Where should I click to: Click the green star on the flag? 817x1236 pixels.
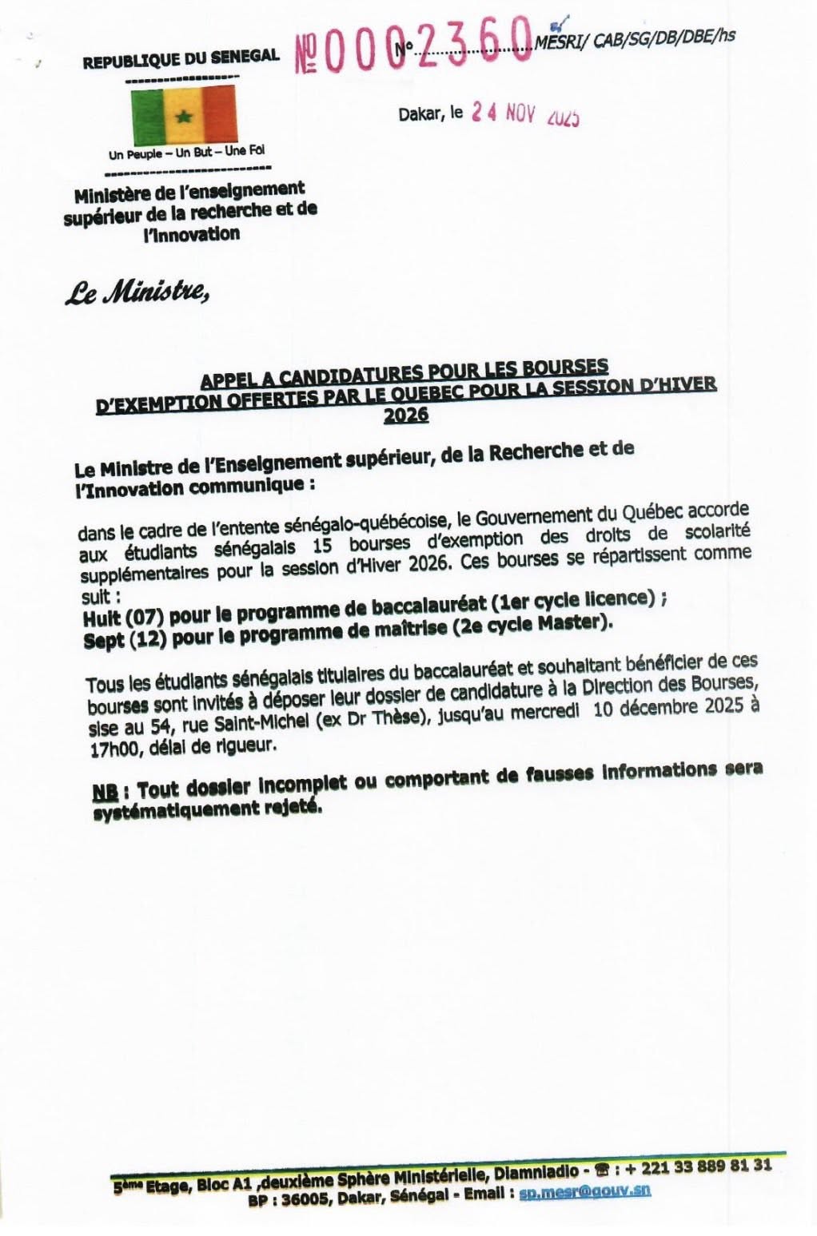pos(184,117)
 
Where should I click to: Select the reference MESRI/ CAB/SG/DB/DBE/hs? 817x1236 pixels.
pos(636,38)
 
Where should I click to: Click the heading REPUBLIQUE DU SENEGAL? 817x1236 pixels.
pos(181,58)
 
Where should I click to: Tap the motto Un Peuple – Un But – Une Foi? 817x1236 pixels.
pos(187,151)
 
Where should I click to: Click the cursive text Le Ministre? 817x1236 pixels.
pos(137,294)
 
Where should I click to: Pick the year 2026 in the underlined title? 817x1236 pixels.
pos(406,415)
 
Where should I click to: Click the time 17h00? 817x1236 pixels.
pos(114,750)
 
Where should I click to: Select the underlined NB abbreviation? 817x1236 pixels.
pos(105,791)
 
